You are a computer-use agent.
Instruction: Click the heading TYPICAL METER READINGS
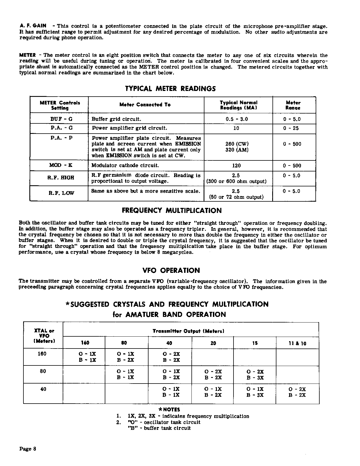tap(170, 89)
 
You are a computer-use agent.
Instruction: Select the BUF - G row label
tap(61, 119)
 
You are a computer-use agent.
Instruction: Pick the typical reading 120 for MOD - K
tap(236, 166)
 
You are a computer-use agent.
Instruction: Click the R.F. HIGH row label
tap(61, 178)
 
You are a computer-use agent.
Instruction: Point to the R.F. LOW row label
tap(61, 193)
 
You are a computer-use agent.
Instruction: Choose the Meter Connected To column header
tap(145, 105)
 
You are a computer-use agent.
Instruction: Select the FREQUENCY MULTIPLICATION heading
tap(172, 211)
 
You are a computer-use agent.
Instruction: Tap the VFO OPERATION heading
tap(171, 271)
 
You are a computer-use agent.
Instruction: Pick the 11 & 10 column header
tap(297, 343)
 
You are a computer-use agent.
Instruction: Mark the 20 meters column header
tap(213, 343)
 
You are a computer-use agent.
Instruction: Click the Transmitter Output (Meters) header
tap(188, 331)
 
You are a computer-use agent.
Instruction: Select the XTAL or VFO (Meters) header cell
tap(43, 336)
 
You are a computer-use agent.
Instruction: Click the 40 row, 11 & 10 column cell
tap(297, 392)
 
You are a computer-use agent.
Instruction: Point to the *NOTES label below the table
tap(169, 410)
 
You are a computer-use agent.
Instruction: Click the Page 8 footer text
tap(28, 449)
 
